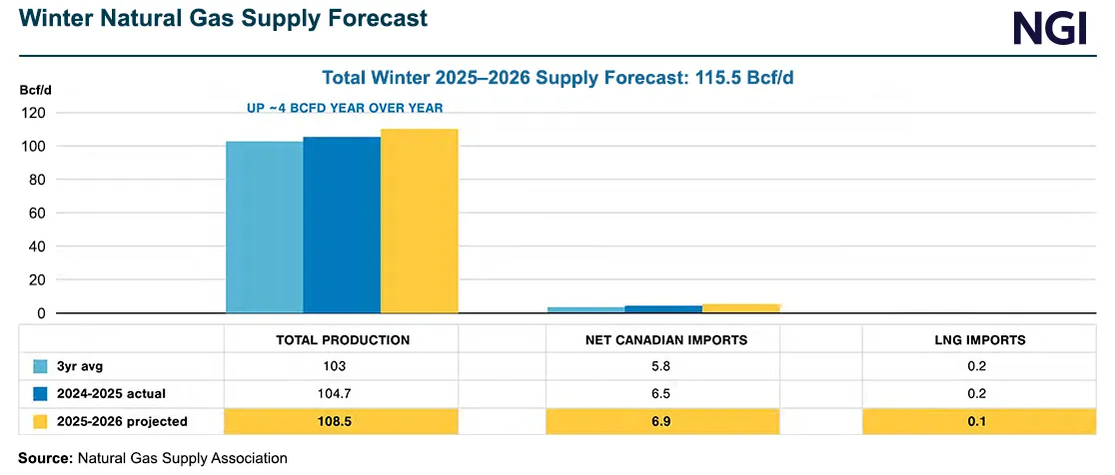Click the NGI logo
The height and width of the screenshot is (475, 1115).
[1049, 28]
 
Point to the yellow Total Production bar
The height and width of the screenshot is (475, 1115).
[419, 221]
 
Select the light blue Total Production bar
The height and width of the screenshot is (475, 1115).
[264, 227]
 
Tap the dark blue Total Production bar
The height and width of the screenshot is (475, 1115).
[342, 225]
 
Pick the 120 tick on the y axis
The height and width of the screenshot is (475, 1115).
[37, 113]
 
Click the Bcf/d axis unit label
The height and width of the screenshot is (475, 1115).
[35, 90]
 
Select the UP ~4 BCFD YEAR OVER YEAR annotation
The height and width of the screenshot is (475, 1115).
[345, 108]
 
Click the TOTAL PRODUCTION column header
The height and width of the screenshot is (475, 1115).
[343, 340]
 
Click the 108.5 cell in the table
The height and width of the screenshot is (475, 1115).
[343, 421]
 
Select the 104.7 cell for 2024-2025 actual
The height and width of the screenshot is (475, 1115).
[343, 394]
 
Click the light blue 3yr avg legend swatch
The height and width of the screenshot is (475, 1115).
[41, 367]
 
